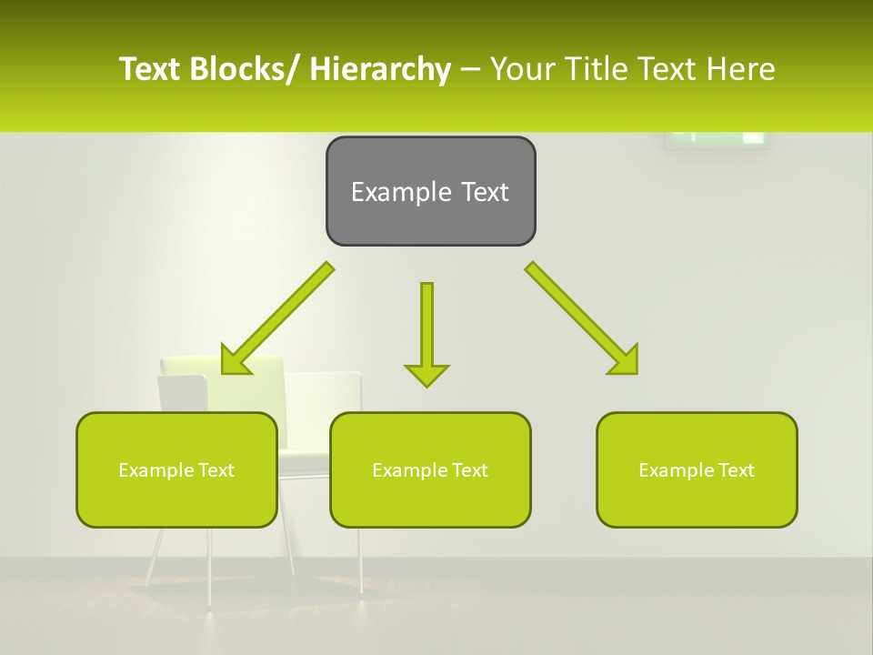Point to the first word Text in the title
tap(150, 70)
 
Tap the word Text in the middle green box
tap(469, 470)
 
